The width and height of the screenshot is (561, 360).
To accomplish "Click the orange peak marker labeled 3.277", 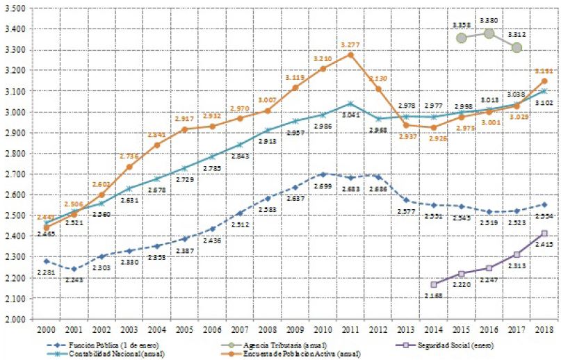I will [350, 54].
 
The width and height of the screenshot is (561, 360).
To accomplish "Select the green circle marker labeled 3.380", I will [489, 33].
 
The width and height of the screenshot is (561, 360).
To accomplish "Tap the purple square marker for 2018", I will [543, 234].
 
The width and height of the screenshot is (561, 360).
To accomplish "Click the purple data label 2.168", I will [432, 295].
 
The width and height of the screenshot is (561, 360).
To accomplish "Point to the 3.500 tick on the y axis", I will [15, 8].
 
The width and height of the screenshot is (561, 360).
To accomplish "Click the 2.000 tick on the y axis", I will [15, 319].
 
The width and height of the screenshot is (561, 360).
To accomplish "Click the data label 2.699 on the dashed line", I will [320, 186].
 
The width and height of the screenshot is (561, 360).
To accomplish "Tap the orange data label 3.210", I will [320, 58].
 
